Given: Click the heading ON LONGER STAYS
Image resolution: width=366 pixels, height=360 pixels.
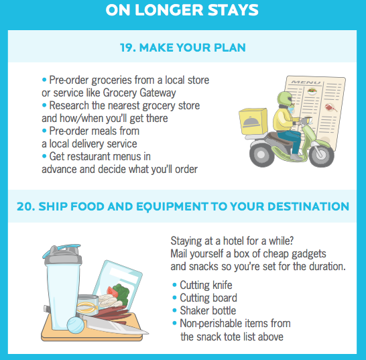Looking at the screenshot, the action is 182,10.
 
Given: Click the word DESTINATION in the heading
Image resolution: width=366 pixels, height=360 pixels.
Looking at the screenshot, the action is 308,206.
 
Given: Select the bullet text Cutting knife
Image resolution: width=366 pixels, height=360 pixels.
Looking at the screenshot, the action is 206,285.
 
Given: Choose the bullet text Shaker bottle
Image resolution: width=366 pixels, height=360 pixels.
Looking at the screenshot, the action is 208,311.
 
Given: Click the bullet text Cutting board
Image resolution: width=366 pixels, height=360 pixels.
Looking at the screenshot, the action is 208,298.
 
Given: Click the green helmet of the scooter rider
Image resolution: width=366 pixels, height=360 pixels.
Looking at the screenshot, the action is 284,99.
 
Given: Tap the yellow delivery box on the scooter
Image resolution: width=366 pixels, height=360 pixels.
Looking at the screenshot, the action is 253,121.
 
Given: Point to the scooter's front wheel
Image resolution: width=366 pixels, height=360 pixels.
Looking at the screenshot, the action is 321,154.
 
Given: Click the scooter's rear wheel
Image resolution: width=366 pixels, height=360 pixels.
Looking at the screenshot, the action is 262,154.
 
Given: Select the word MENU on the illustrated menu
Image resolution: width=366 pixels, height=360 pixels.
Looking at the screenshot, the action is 306,82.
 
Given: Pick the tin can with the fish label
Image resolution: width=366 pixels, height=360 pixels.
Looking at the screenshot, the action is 88,305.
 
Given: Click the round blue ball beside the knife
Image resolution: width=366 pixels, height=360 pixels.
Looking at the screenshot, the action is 75,324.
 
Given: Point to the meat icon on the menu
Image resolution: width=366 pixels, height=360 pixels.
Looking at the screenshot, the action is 330,108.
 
